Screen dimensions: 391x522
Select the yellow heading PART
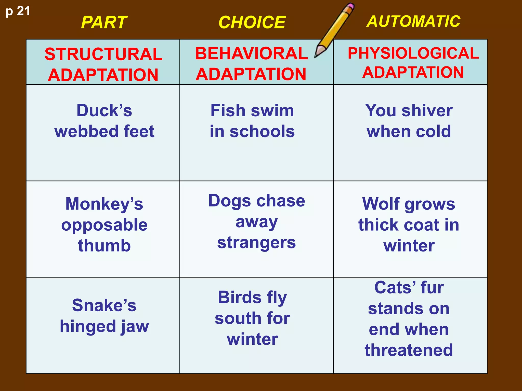(x=104, y=22)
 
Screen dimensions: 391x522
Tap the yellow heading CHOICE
(x=252, y=22)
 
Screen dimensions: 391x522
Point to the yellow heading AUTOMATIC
(x=413, y=21)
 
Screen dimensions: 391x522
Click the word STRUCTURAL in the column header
(x=103, y=54)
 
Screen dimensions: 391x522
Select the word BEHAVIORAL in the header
(x=251, y=53)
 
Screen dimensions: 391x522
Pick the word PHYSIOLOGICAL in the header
(x=413, y=53)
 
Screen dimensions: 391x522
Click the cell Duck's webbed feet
(x=104, y=121)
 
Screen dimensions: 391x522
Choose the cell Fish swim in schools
(x=252, y=121)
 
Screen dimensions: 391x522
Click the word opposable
(x=104, y=225)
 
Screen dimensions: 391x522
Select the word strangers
(x=256, y=243)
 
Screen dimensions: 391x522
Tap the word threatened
(x=409, y=350)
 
